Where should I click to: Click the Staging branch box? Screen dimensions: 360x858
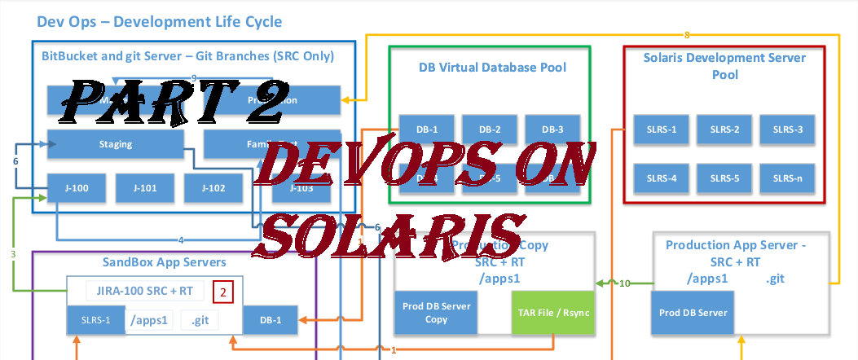[x=114, y=144]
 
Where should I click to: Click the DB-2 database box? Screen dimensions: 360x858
[x=490, y=130]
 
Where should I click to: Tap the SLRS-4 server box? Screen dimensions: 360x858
[x=662, y=178]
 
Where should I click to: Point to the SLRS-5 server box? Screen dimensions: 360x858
[x=724, y=178]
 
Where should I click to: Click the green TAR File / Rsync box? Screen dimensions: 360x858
[x=550, y=313]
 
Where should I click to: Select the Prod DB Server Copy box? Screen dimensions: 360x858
[x=436, y=313]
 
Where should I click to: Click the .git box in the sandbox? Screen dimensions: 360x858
[x=200, y=320]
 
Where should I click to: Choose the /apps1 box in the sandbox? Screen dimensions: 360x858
[x=149, y=320]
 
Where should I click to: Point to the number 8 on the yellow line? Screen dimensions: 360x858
[x=687, y=35]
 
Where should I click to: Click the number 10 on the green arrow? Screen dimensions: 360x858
[x=624, y=283]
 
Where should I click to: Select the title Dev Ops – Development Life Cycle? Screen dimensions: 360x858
[x=160, y=21]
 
